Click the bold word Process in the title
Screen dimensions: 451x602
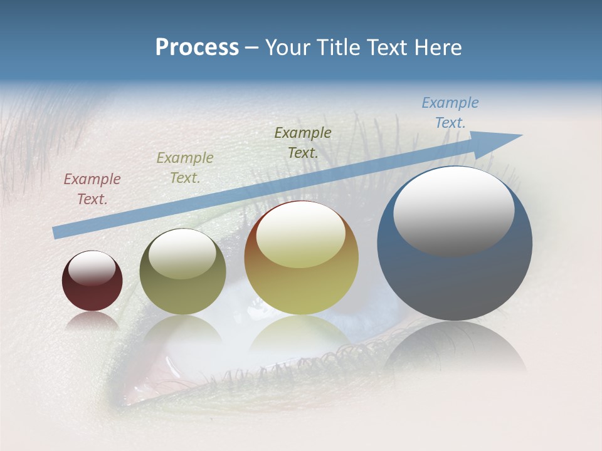197,48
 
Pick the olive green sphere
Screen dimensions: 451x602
182,294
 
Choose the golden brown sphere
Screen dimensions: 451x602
301,288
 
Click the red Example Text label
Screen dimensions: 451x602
92,189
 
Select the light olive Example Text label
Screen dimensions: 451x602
184,168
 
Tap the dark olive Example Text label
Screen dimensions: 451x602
303,143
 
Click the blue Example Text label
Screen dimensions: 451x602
450,113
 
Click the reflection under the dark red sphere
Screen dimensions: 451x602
92,321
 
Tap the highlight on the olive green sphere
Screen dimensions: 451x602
182,254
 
